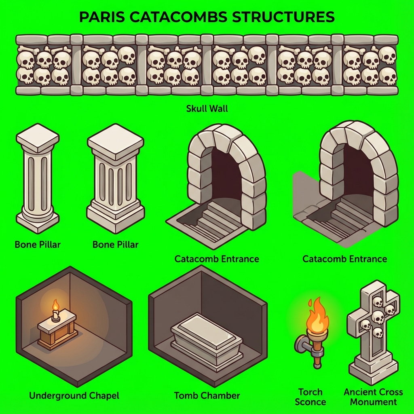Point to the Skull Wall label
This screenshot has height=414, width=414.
point(207,109)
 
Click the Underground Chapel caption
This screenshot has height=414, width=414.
point(74,395)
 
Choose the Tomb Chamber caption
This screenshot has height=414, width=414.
point(207,395)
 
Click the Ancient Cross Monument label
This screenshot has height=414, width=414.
point(373,397)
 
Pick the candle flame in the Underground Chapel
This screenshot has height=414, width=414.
point(55,304)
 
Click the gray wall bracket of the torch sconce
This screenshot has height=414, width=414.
point(301,344)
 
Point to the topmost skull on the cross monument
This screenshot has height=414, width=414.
point(378,301)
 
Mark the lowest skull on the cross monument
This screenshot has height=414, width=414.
point(377,333)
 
